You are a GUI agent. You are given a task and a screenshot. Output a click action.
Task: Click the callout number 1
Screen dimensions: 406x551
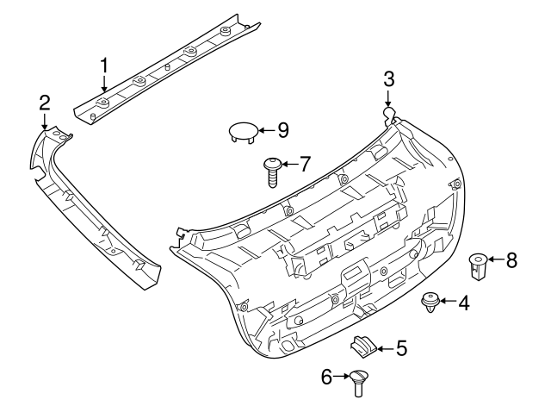point(104,66)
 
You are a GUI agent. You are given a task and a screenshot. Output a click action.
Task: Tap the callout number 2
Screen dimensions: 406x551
point(45,103)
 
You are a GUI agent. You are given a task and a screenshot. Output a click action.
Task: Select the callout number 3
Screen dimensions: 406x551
point(389,79)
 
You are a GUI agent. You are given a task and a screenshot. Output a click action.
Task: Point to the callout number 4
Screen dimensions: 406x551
point(464,303)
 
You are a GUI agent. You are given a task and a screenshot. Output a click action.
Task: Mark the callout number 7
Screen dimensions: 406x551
point(304,164)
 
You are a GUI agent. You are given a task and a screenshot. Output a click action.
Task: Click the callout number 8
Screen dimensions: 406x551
point(511,260)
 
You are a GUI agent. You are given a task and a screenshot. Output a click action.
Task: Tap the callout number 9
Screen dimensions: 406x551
point(282,130)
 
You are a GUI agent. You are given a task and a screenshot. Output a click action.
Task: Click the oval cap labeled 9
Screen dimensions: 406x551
point(242,132)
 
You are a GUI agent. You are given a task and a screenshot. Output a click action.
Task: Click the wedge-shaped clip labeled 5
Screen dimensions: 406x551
point(364,347)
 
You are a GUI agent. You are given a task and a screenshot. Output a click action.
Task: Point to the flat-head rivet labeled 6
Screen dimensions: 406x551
point(358,381)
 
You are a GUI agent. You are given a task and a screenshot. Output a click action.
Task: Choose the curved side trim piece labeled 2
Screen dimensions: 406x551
point(95,215)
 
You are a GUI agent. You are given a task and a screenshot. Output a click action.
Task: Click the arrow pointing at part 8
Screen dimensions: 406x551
point(495,260)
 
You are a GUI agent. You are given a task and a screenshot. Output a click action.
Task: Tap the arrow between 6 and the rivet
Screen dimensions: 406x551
point(341,377)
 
